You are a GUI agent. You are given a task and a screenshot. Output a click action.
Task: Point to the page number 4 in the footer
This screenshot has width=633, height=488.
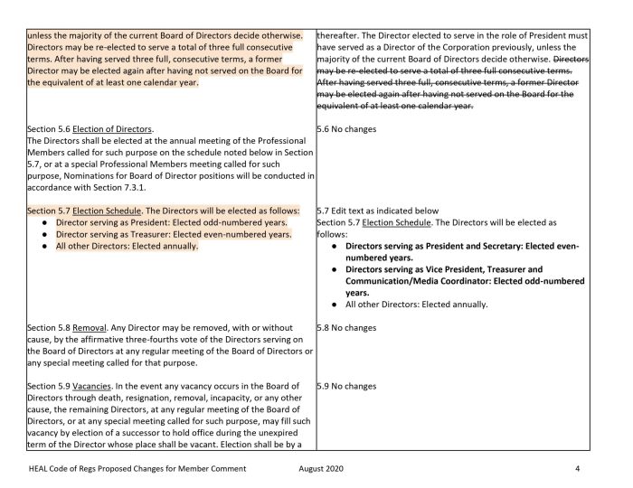(576, 469)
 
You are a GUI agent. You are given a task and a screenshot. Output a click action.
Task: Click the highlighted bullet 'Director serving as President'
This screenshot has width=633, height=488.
(171, 221)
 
